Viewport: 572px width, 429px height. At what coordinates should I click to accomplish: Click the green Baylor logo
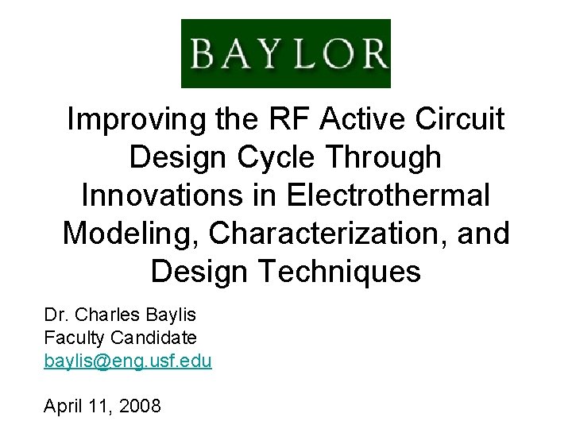click(x=286, y=53)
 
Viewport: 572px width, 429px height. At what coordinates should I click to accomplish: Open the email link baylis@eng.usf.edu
click(x=127, y=361)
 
